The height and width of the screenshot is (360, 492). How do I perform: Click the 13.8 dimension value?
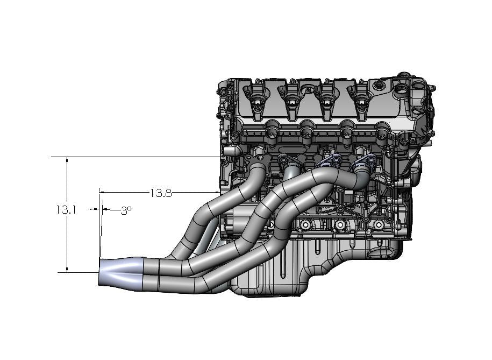tap(161, 193)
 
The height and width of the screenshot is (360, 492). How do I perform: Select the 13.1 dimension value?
tap(66, 209)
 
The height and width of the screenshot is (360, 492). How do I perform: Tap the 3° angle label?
tap(126, 210)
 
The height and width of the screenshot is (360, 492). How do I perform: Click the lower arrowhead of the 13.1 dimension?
tap(67, 269)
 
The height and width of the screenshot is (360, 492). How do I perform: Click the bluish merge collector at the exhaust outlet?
tap(121, 273)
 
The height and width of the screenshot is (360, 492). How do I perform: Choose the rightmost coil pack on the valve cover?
tap(360, 100)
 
